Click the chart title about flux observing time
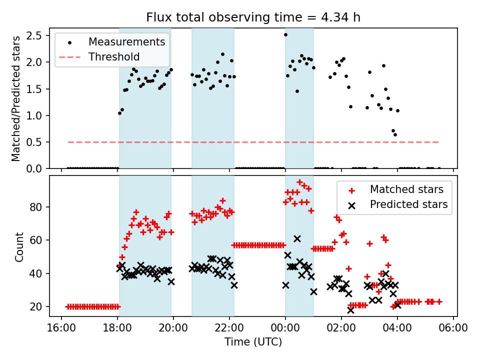(253, 17)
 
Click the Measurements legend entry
(126, 41)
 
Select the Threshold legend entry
(114, 57)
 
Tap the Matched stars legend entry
(406, 189)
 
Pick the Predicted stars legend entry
(408, 204)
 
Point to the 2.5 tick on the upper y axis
(34, 35)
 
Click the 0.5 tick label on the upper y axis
(34, 142)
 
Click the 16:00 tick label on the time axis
(61, 327)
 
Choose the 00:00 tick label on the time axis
(285, 327)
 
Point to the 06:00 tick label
(453, 327)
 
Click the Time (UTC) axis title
(253, 342)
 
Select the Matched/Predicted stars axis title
(16, 98)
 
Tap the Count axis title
(19, 247)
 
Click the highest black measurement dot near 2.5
(285, 34)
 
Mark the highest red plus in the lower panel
(299, 182)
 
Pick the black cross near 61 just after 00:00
(297, 239)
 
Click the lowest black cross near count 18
(350, 310)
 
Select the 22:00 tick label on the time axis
(229, 327)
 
